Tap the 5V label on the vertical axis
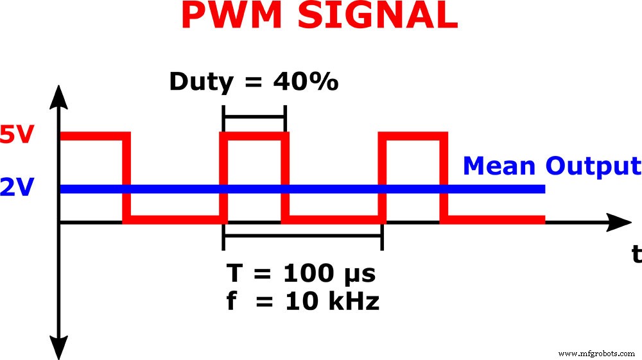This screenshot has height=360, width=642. [x=15, y=137]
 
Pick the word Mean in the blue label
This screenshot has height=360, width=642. [x=499, y=166]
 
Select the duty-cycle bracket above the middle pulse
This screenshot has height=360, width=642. [x=254, y=117]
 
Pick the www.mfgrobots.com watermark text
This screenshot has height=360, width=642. [x=596, y=353]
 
